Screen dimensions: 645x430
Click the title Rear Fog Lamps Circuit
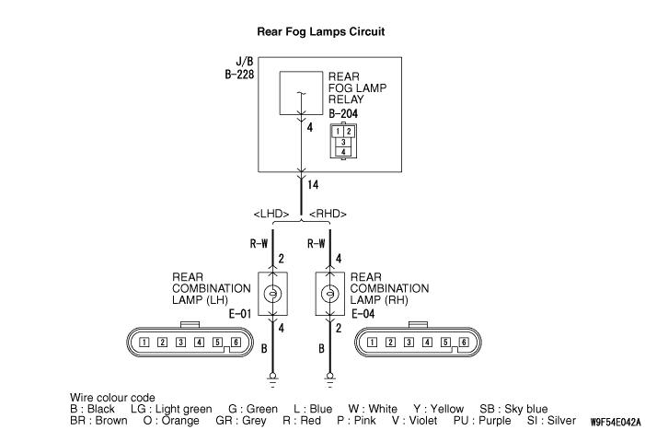point(320,31)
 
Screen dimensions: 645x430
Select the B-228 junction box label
point(239,74)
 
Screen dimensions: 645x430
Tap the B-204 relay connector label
point(343,113)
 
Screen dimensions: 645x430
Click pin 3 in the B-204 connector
point(343,143)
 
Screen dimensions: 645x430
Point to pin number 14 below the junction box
point(313,184)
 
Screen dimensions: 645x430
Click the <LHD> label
point(271,214)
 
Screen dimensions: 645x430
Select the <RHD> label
point(328,214)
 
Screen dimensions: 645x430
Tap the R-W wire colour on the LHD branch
point(259,244)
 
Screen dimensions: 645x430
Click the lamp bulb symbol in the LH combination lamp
point(272,294)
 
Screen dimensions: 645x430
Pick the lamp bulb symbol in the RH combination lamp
point(329,294)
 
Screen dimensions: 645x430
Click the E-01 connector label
point(240,314)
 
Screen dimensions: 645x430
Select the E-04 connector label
point(363,314)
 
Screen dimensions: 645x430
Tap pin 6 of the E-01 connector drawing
point(236,342)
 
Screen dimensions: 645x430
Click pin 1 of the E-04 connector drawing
point(372,342)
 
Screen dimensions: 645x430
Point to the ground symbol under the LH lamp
point(272,380)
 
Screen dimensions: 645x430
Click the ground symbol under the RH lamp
point(329,380)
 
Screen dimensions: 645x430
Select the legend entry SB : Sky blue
point(513,409)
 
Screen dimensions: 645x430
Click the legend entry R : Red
point(302,421)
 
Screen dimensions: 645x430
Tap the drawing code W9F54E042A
point(616,423)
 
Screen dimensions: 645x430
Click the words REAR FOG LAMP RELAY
point(357,88)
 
